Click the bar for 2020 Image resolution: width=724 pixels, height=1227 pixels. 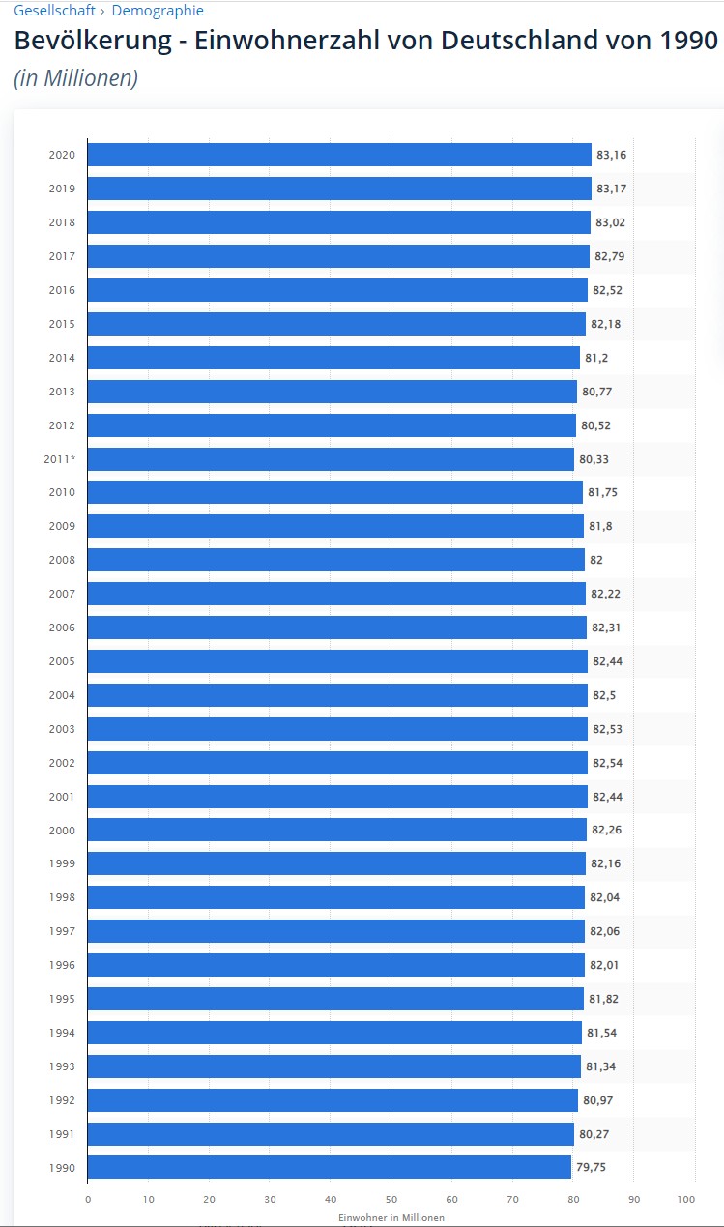[338, 155]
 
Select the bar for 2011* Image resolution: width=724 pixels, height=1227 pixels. [331, 459]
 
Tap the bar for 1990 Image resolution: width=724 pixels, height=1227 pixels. [329, 1167]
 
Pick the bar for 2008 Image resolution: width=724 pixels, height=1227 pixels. [335, 560]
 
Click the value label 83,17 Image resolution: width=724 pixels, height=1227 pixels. [611, 189]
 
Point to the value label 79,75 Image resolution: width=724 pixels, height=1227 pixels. [591, 1167]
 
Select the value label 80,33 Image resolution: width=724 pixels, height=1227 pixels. [594, 459]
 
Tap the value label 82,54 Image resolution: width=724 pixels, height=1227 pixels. [607, 763]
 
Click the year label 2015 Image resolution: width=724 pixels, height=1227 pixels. [62, 324]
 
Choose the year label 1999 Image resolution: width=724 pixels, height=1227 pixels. [62, 863]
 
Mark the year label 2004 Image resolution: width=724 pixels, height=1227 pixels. [62, 695]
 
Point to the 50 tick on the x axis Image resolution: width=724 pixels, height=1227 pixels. [391, 1200]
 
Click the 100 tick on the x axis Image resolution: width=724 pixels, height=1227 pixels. [686, 1200]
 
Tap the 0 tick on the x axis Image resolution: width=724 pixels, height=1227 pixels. [88, 1200]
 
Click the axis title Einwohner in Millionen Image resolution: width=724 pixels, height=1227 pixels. [391, 1217]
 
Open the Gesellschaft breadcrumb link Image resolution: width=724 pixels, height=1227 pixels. [54, 11]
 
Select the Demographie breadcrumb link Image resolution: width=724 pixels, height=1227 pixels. [158, 11]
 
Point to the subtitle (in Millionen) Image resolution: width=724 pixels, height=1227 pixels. [75, 78]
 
